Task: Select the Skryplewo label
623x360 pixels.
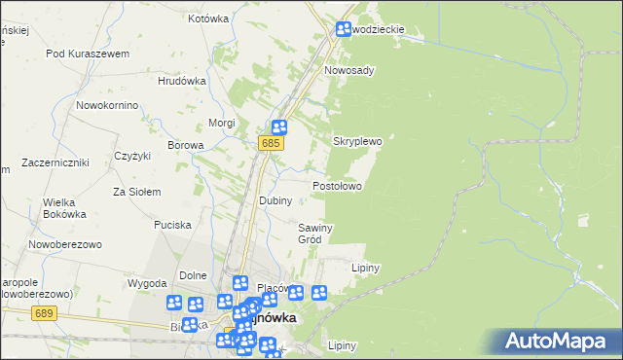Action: coord(357,141)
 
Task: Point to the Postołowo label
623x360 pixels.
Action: coord(337,185)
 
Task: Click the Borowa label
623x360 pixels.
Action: coord(185,145)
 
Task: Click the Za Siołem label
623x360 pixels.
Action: coord(136,192)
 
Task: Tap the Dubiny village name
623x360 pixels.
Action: coord(275,199)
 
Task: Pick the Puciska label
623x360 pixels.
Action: coord(172,225)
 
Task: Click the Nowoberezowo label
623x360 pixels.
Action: coord(65,245)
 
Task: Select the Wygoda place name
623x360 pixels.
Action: coord(147,283)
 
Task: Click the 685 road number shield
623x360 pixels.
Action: coord(272,144)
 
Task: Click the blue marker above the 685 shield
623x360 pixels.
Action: coord(279,126)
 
